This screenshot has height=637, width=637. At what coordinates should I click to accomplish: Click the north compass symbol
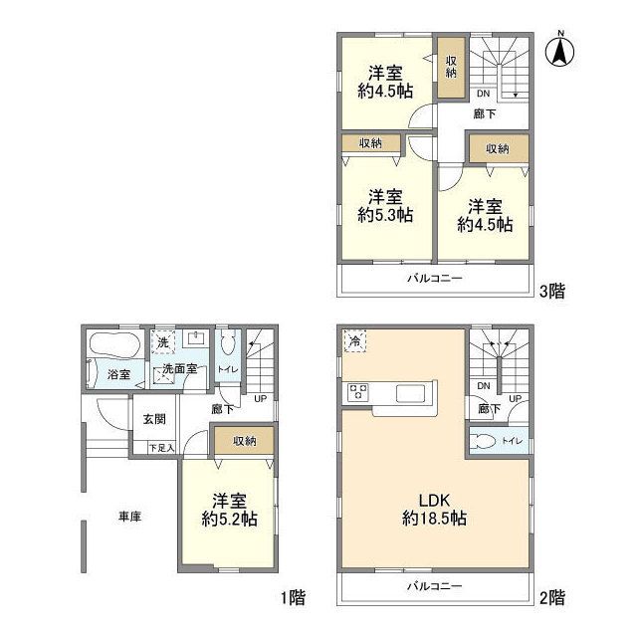click(560, 51)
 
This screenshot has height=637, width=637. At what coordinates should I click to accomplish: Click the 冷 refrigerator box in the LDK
click(354, 340)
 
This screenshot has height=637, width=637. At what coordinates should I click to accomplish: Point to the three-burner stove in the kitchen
click(358, 392)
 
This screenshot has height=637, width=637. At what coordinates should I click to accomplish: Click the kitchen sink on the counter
click(411, 393)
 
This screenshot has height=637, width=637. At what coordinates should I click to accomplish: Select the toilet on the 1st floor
click(228, 345)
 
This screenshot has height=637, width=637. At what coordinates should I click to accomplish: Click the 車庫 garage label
click(129, 517)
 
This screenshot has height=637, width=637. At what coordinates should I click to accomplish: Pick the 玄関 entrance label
click(154, 419)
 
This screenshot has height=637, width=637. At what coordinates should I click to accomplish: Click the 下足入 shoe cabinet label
click(161, 448)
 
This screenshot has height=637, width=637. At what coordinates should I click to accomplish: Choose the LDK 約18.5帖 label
click(434, 510)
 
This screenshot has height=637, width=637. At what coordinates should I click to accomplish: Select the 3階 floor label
click(551, 291)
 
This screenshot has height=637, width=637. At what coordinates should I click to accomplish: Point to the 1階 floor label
click(293, 597)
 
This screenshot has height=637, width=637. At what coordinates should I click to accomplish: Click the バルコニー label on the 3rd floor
click(435, 279)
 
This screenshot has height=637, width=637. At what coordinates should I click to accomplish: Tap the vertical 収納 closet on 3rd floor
click(451, 68)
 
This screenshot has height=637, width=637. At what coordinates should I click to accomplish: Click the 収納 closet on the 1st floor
click(244, 440)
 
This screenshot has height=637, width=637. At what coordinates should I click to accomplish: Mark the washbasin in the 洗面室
click(196, 338)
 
